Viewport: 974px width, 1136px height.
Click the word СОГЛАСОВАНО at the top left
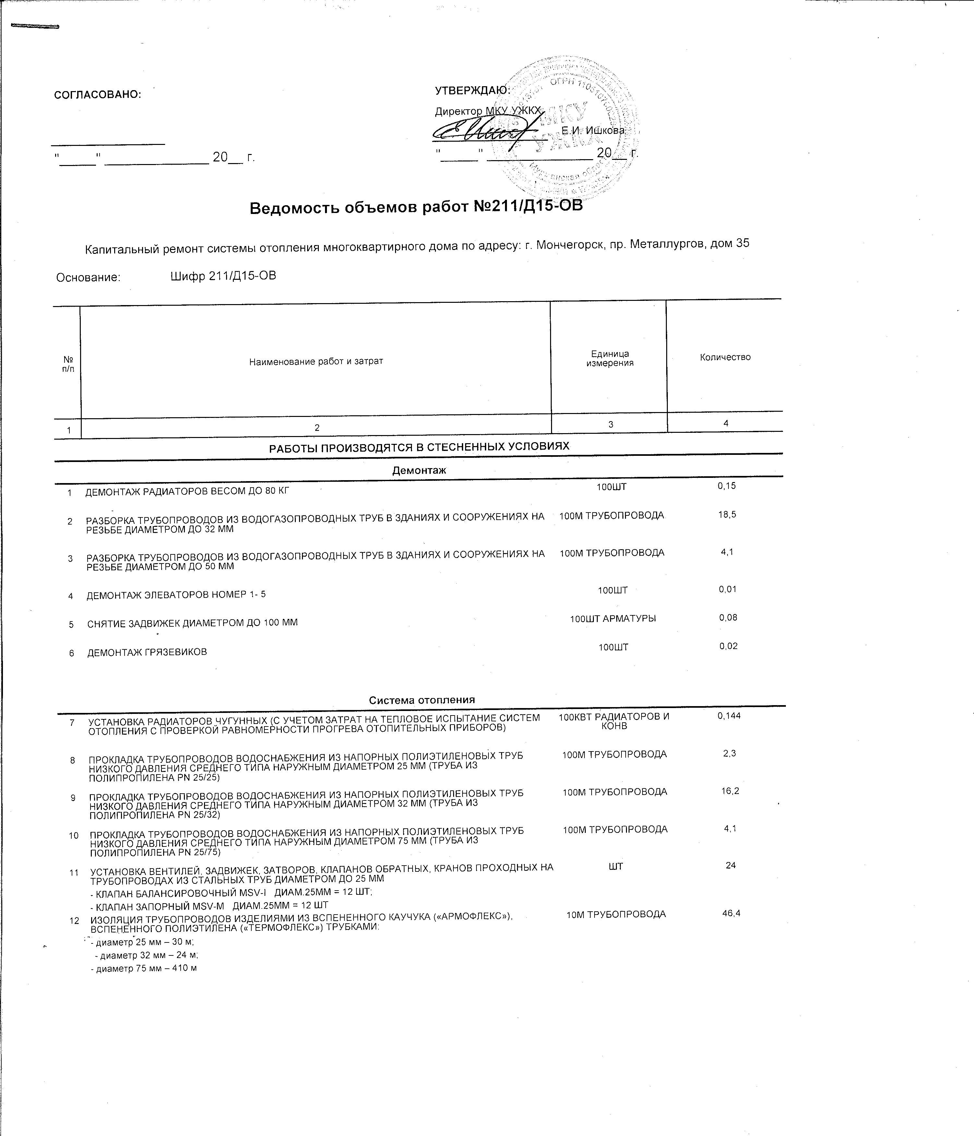pyautogui.click(x=98, y=94)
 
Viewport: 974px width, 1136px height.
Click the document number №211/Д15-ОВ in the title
pyautogui.click(x=524, y=207)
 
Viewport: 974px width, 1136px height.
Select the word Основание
pyautogui.click(x=88, y=278)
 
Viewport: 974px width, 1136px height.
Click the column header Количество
pyautogui.click(x=725, y=357)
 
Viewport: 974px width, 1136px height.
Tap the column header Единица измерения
pyautogui.click(x=610, y=359)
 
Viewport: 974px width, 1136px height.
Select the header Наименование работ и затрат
pyautogui.click(x=316, y=361)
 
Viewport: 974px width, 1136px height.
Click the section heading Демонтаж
pyautogui.click(x=419, y=470)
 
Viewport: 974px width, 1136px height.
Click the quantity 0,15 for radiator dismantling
pyautogui.click(x=727, y=486)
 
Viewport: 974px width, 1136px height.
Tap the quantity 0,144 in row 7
pyautogui.click(x=729, y=716)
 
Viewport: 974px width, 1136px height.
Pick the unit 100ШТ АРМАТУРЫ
pyautogui.click(x=613, y=619)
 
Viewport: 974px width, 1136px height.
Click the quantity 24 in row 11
pyautogui.click(x=730, y=866)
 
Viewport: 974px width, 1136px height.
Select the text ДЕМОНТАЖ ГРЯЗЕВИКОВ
pyautogui.click(x=147, y=652)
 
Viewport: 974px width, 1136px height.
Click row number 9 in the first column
pyautogui.click(x=73, y=798)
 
